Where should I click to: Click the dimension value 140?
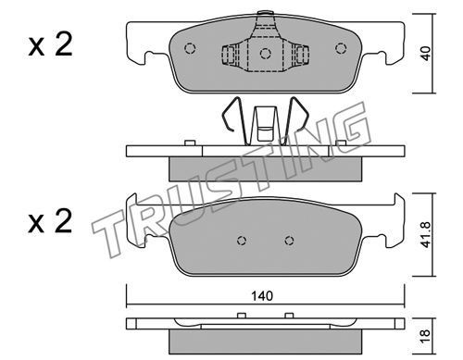(262, 296)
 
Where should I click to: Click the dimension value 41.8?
(426, 234)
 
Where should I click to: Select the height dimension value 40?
(426, 53)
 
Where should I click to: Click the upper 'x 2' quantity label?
(50, 45)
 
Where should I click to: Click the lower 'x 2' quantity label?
(50, 221)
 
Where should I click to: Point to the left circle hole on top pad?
(190, 48)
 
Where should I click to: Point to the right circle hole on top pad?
(341, 48)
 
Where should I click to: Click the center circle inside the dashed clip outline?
(266, 54)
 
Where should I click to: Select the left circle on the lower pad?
(242, 241)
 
